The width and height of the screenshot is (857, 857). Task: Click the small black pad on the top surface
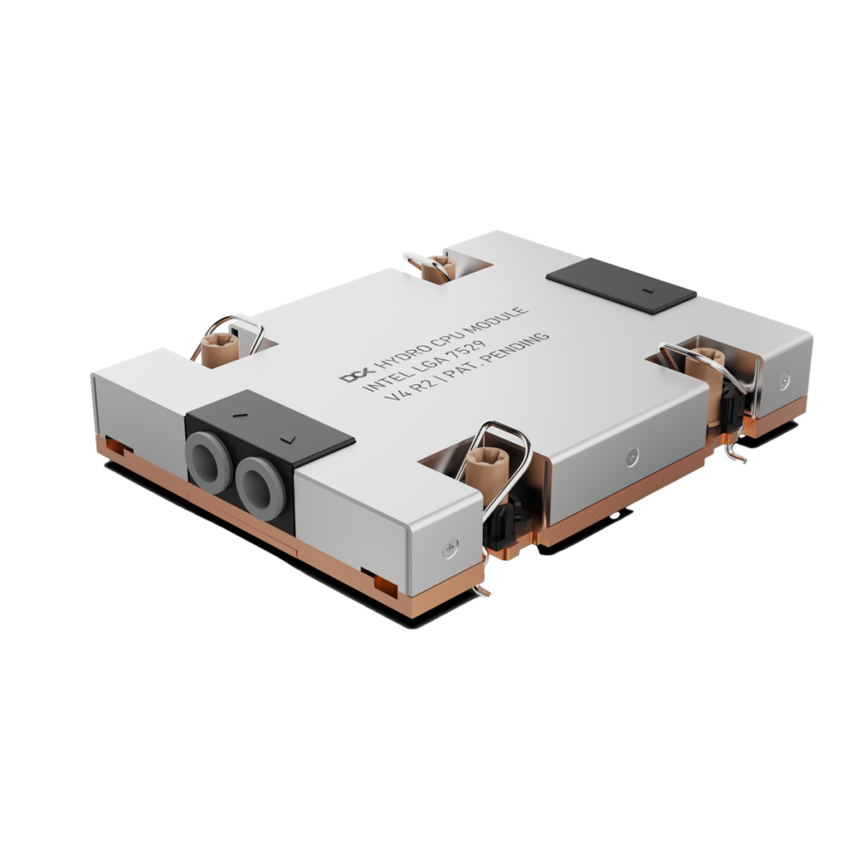tap(621, 285)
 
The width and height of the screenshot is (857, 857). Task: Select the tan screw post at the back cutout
tap(436, 267)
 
